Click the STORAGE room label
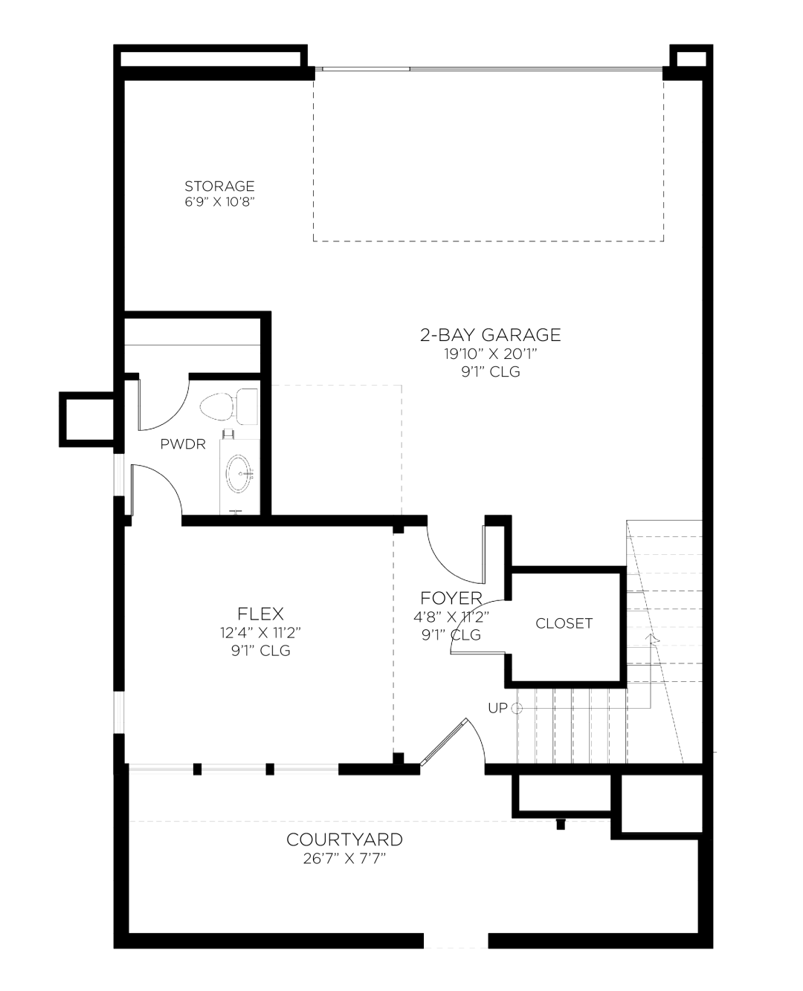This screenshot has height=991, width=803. pyautogui.click(x=219, y=186)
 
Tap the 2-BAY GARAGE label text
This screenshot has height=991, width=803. pyautogui.click(x=490, y=335)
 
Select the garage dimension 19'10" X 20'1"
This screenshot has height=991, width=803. pyautogui.click(x=490, y=354)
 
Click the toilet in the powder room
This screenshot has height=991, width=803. pyautogui.click(x=229, y=406)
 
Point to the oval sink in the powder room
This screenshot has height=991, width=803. pyautogui.click(x=239, y=474)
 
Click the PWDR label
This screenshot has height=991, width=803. pyautogui.click(x=183, y=444)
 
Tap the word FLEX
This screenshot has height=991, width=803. pyautogui.click(x=261, y=614)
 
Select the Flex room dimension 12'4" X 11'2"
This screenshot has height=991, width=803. pyautogui.click(x=261, y=633)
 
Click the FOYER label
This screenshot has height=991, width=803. pyautogui.click(x=451, y=598)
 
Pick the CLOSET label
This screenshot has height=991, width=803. pyautogui.click(x=564, y=623)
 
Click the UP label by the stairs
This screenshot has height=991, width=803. pyautogui.click(x=497, y=708)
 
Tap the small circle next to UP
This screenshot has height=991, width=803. pyautogui.click(x=517, y=709)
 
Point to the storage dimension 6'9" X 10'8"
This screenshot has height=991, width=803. pyautogui.click(x=219, y=202)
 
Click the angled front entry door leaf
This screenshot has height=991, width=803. pyautogui.click(x=444, y=741)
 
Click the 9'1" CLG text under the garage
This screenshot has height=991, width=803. pyautogui.click(x=491, y=371)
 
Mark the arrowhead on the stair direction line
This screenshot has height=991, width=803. pyautogui.click(x=651, y=638)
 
